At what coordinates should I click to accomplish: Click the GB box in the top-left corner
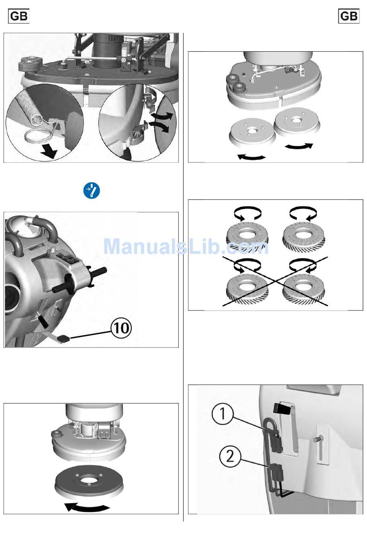click(x=19, y=16)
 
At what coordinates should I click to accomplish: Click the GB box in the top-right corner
click(x=348, y=16)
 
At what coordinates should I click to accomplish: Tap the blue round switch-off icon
click(x=92, y=191)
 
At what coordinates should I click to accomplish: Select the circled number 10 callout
click(x=121, y=328)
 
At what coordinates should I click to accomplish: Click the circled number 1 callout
click(x=223, y=413)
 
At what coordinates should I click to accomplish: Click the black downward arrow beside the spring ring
click(x=49, y=152)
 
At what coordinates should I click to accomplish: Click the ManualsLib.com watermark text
click(x=186, y=246)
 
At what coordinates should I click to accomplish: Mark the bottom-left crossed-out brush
click(x=247, y=290)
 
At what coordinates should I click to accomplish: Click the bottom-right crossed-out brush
click(x=304, y=290)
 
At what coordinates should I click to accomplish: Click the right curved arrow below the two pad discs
click(x=299, y=147)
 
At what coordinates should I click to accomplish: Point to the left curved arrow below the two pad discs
click(x=251, y=157)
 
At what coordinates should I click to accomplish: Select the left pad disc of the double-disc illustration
click(x=252, y=132)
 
